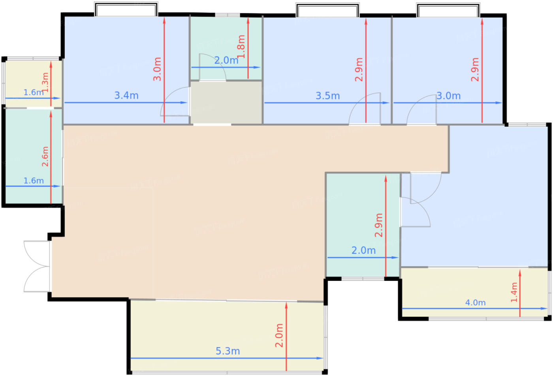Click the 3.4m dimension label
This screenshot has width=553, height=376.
point(126,96)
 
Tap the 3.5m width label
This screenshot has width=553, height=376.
point(327,96)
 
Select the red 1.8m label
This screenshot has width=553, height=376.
point(241,47)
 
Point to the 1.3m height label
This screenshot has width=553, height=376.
point(45,82)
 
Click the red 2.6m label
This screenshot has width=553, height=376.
point(45,156)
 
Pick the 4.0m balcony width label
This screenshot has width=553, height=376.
point(475,303)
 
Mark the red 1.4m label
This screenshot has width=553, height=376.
point(514,292)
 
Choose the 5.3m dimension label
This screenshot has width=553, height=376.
point(228,351)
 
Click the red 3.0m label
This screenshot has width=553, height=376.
point(157,69)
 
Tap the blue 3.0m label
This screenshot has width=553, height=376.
point(449,96)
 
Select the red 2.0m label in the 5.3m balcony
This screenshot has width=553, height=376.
point(279,335)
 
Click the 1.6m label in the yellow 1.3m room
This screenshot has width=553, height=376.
point(34,92)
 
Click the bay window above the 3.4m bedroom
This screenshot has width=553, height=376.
point(126,9)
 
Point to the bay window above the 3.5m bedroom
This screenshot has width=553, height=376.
point(327,10)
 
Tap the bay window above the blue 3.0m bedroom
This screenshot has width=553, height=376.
point(448,10)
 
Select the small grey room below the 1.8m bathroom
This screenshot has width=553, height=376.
point(226,102)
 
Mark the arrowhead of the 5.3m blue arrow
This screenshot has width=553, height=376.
point(320,358)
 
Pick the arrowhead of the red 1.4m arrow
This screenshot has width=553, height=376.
point(520,273)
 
